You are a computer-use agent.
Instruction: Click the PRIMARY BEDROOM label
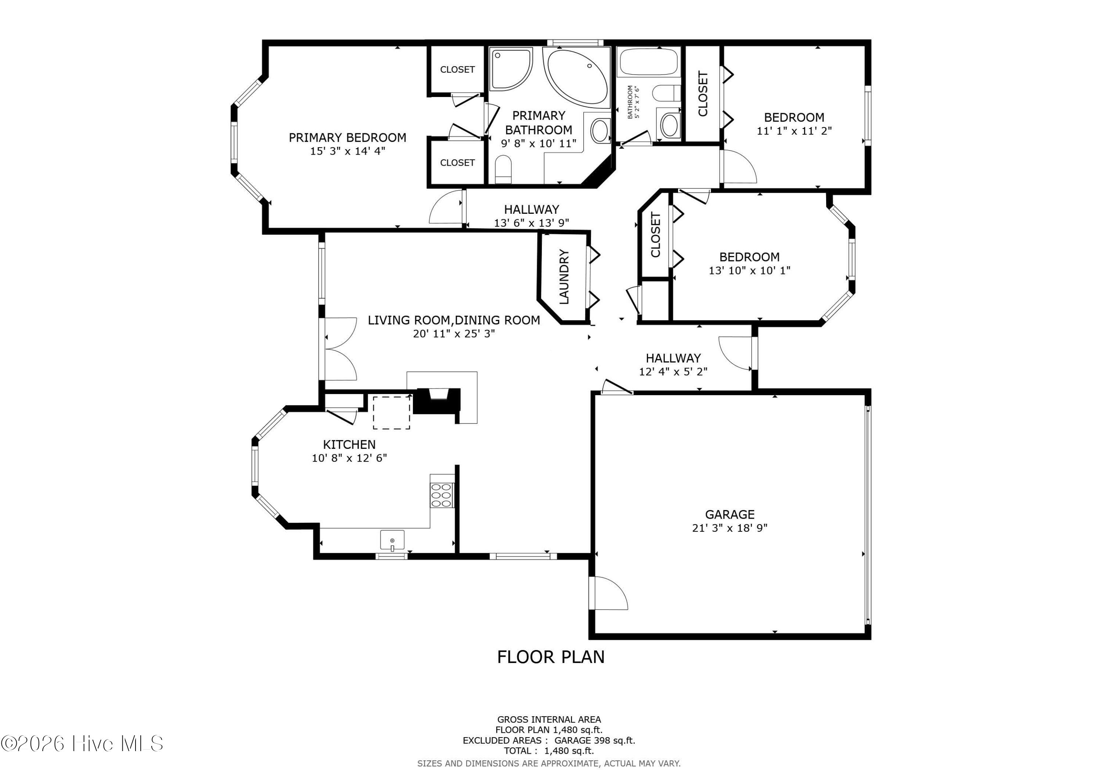point(347,138)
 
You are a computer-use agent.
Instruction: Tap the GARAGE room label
point(730,515)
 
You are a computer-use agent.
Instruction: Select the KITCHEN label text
point(349,444)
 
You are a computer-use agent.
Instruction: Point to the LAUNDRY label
point(564,277)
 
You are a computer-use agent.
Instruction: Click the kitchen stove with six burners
point(442,495)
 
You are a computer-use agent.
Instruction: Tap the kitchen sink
point(392,540)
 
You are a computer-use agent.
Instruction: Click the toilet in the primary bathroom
point(503,169)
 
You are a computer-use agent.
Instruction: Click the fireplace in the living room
point(437,400)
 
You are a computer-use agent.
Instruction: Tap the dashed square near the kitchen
point(392,413)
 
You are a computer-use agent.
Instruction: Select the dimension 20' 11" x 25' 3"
point(454,333)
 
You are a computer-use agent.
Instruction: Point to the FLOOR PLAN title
point(551,657)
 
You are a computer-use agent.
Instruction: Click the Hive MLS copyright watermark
point(82,743)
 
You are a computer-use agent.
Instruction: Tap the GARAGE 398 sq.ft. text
point(595,740)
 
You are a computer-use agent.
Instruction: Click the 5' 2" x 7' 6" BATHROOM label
point(634,102)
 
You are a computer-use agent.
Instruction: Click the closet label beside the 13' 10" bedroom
point(656,235)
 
